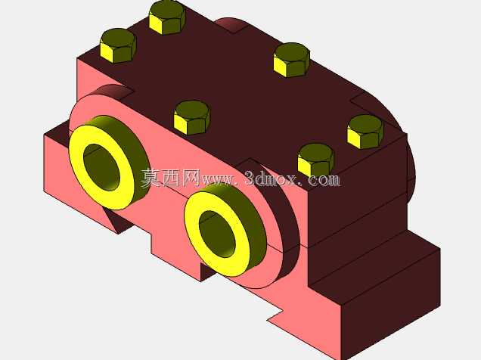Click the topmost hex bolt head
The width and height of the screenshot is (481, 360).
pos(167,17)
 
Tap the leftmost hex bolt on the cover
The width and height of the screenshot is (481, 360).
pos(119,45)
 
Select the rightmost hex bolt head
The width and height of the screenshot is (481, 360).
pos(365,132)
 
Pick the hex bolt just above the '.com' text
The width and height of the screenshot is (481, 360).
pos(315,160)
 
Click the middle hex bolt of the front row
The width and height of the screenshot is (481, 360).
pos(192,118)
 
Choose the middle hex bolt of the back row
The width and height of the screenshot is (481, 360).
pos(292,60)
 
